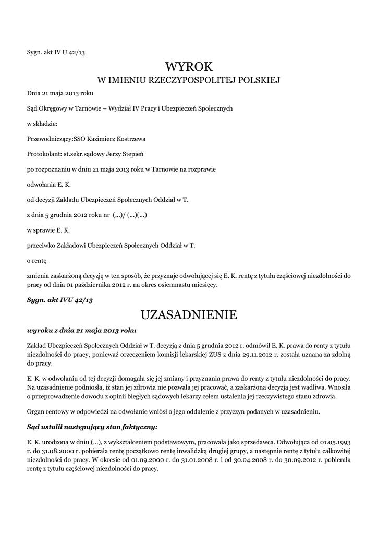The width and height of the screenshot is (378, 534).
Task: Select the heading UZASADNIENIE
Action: pyautogui.click(x=189, y=314)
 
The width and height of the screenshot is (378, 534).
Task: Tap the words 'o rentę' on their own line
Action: pyautogui.click(x=37, y=259)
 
